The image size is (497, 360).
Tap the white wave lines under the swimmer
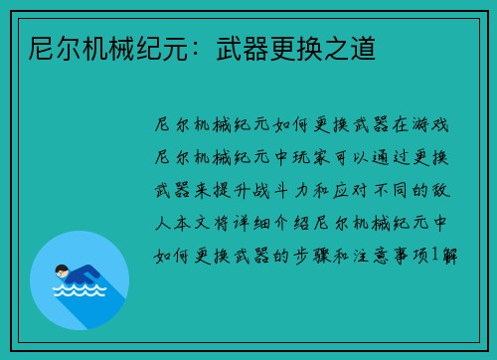click(x=79, y=291)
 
